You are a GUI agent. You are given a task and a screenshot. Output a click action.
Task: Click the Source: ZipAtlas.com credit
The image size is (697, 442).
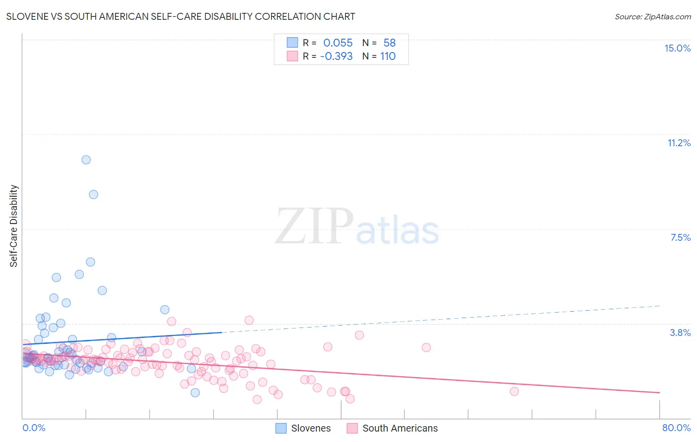click(x=652, y=16)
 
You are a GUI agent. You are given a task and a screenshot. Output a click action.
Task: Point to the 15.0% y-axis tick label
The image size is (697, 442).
click(x=677, y=48)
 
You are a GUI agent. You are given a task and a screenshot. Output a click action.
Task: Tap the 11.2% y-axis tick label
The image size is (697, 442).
click(x=679, y=143)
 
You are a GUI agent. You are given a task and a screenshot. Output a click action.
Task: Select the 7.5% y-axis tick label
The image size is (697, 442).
click(x=680, y=237)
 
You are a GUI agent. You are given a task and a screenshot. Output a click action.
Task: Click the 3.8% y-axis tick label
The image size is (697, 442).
click(x=680, y=332)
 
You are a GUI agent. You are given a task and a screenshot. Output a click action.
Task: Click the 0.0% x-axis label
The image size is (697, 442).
click(x=34, y=428)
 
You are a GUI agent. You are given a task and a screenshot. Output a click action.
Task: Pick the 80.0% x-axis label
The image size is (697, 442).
click(x=676, y=428)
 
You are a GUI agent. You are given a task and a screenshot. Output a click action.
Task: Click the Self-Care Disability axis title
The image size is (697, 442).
click(x=13, y=226)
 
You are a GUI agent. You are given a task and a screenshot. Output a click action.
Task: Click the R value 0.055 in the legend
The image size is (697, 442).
click(x=338, y=43)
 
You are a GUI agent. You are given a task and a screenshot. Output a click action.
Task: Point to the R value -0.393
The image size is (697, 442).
click(x=336, y=56)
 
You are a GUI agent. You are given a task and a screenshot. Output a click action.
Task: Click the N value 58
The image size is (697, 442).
click(x=389, y=43)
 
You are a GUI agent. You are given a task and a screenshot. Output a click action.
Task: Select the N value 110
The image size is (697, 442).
click(x=388, y=56)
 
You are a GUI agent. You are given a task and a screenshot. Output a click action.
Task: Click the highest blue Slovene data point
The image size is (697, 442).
click(x=86, y=160)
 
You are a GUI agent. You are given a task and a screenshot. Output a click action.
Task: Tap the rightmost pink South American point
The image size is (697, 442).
click(x=514, y=391)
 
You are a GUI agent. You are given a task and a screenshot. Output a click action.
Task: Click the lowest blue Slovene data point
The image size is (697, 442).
click(x=195, y=392)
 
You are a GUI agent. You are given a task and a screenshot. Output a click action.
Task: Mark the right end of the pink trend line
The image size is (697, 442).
click(x=659, y=392)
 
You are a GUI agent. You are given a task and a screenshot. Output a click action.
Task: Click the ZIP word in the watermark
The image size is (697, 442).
click(x=314, y=226)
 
